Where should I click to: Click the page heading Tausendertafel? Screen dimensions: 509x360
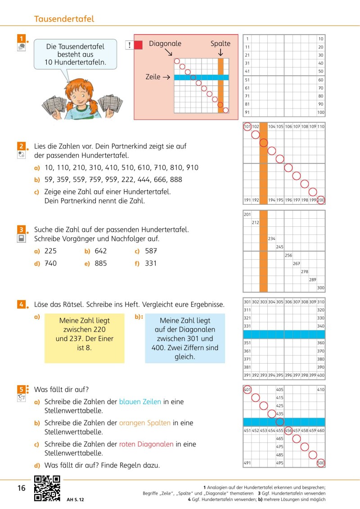pyautogui.click(x=64, y=19)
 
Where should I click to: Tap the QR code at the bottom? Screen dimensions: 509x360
pyautogui.click(x=47, y=488)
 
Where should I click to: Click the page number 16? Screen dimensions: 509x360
pyautogui.click(x=21, y=488)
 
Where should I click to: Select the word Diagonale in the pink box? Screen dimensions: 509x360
pyautogui.click(x=165, y=44)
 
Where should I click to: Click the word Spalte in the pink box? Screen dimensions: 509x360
pyautogui.click(x=220, y=44)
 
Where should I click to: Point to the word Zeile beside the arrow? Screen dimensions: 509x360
pyautogui.click(x=153, y=77)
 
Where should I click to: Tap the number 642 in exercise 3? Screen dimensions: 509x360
pyautogui.click(x=100, y=251)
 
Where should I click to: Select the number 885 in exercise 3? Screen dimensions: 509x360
pyautogui.click(x=100, y=263)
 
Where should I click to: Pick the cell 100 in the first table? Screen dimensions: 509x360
pyautogui.click(x=320, y=113)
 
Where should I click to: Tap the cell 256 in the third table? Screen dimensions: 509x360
pyautogui.click(x=288, y=255)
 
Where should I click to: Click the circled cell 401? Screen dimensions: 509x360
pyautogui.click(x=247, y=389)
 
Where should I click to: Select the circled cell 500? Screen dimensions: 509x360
pyautogui.click(x=320, y=463)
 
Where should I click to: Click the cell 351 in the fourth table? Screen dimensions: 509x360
pyautogui.click(x=247, y=342)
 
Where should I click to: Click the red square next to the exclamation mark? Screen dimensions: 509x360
pyautogui.click(x=139, y=45)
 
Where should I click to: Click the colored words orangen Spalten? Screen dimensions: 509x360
pyautogui.click(x=144, y=423)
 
